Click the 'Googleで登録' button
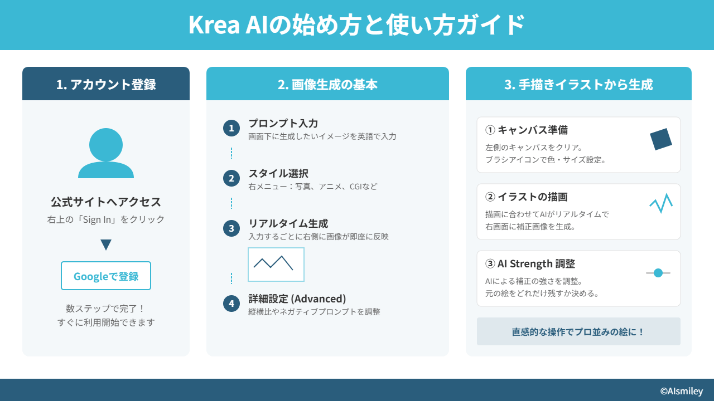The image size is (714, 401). click(106, 276)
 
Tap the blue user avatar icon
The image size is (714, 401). click(106, 153)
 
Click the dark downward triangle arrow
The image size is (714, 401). click(106, 244)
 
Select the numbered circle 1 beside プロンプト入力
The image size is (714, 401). click(231, 128)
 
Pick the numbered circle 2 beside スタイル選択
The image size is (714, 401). click(231, 178)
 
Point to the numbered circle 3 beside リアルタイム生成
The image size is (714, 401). click(231, 228)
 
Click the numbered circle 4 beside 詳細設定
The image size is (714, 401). click(231, 304)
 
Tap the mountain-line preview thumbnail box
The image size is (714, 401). click(276, 265)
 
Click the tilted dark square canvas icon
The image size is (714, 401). click(661, 139)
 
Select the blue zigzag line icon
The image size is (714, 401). click(661, 203)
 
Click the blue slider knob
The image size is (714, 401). click(658, 273)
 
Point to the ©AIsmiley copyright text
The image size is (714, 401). click(682, 391)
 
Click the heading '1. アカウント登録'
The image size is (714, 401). click(106, 84)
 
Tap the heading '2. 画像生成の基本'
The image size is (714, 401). click(327, 84)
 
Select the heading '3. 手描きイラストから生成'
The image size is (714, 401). click(578, 84)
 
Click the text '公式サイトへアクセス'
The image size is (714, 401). click(106, 202)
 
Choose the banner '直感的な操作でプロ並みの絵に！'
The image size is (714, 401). click(578, 331)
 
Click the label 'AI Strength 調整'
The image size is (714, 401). click(536, 263)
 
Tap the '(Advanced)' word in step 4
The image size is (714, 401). click(319, 299)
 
